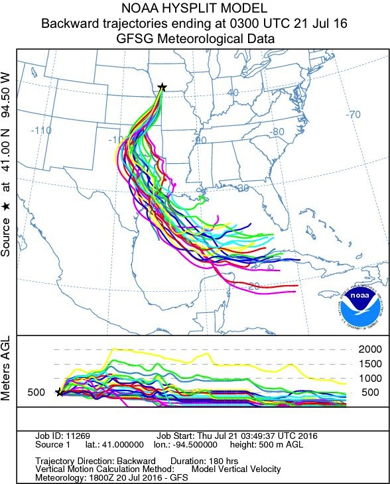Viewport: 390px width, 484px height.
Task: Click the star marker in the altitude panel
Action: [x=59, y=393]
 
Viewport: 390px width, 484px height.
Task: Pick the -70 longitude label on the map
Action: [x=354, y=114]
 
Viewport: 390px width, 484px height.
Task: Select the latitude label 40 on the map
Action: [x=232, y=93]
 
